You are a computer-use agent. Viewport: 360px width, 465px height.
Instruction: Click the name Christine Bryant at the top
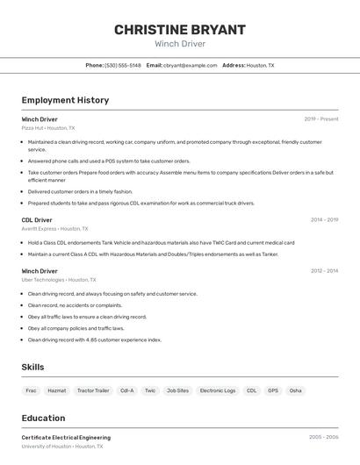180,30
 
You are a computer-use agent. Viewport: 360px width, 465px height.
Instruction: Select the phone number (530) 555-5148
123,65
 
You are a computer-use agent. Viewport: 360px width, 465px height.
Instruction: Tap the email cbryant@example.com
190,65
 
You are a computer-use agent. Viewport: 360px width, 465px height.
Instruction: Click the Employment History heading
65,100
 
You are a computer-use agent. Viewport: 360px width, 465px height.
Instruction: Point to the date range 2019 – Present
321,119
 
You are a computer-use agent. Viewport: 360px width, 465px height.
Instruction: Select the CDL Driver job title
37,220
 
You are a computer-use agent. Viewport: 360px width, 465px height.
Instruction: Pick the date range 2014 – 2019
324,220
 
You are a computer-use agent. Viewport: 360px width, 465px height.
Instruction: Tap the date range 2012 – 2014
324,271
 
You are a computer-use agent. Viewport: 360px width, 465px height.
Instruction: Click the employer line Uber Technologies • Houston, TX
59,280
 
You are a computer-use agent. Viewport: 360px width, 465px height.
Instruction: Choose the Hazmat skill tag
56,390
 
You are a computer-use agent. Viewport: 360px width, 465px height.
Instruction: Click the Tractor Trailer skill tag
93,390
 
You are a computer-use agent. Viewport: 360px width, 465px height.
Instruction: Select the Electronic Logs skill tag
218,390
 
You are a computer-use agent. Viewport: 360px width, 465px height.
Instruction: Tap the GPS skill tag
273,390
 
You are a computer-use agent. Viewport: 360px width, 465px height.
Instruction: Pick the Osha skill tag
296,390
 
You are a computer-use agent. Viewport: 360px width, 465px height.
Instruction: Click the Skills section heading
33,367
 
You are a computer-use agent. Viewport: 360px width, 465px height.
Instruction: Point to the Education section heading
43,418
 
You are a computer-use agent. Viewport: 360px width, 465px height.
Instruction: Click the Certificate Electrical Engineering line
66,437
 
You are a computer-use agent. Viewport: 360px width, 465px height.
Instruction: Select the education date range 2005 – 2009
323,437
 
